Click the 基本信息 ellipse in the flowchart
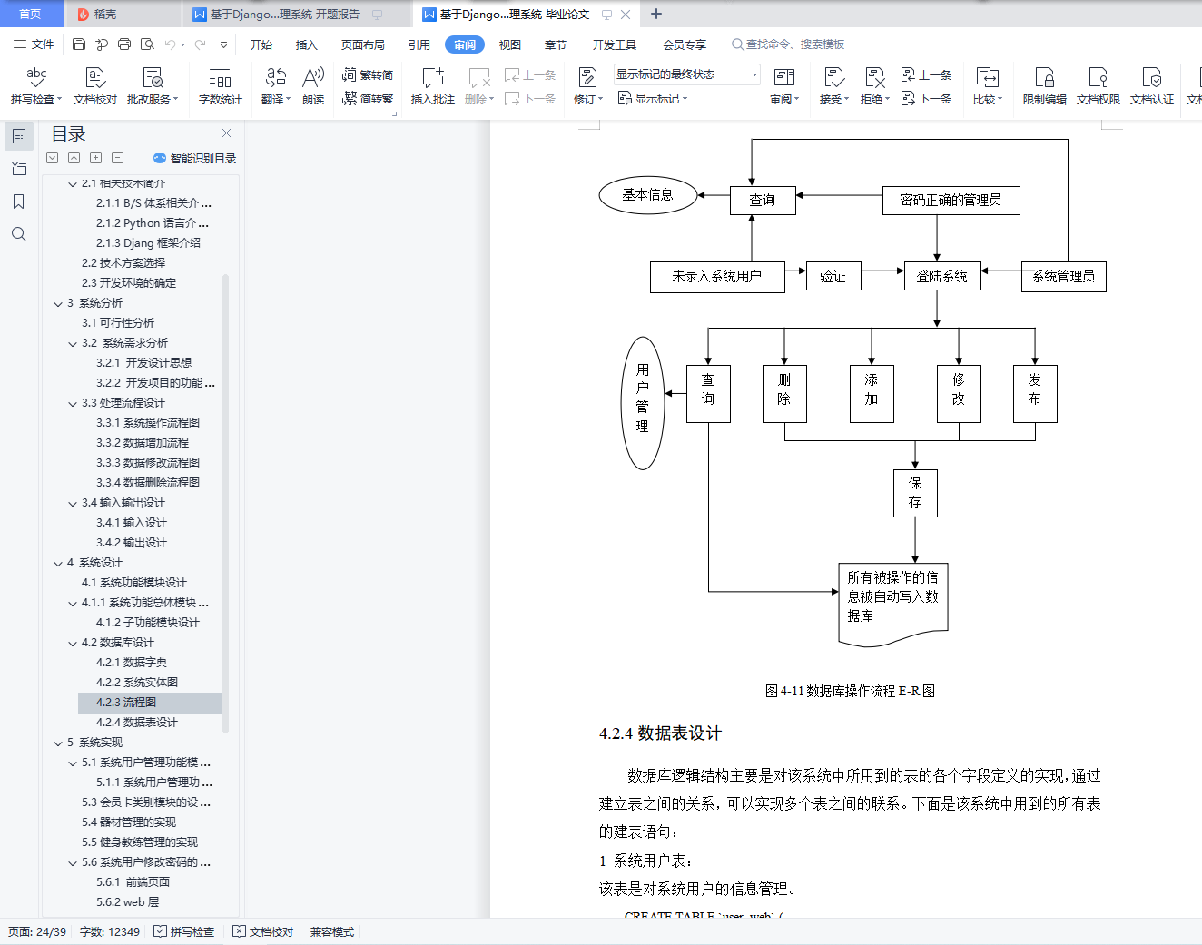(648, 195)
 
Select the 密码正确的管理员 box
(951, 201)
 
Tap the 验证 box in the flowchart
(833, 276)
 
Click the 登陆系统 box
(942, 276)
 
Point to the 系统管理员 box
(1063, 276)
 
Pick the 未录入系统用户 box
(717, 276)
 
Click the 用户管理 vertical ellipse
(643, 403)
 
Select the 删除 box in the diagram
(784, 393)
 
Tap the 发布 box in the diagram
(1035, 393)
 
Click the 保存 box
(915, 493)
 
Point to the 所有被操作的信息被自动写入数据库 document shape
(893, 599)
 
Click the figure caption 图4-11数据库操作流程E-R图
(850, 691)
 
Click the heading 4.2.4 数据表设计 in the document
(660, 733)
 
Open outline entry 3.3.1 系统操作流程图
(148, 423)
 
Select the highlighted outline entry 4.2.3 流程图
(126, 703)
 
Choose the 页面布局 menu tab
(363, 44)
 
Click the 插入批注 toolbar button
(433, 86)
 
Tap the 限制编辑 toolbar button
(1044, 86)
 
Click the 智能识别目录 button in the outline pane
(195, 158)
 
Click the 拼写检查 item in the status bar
(184, 932)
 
